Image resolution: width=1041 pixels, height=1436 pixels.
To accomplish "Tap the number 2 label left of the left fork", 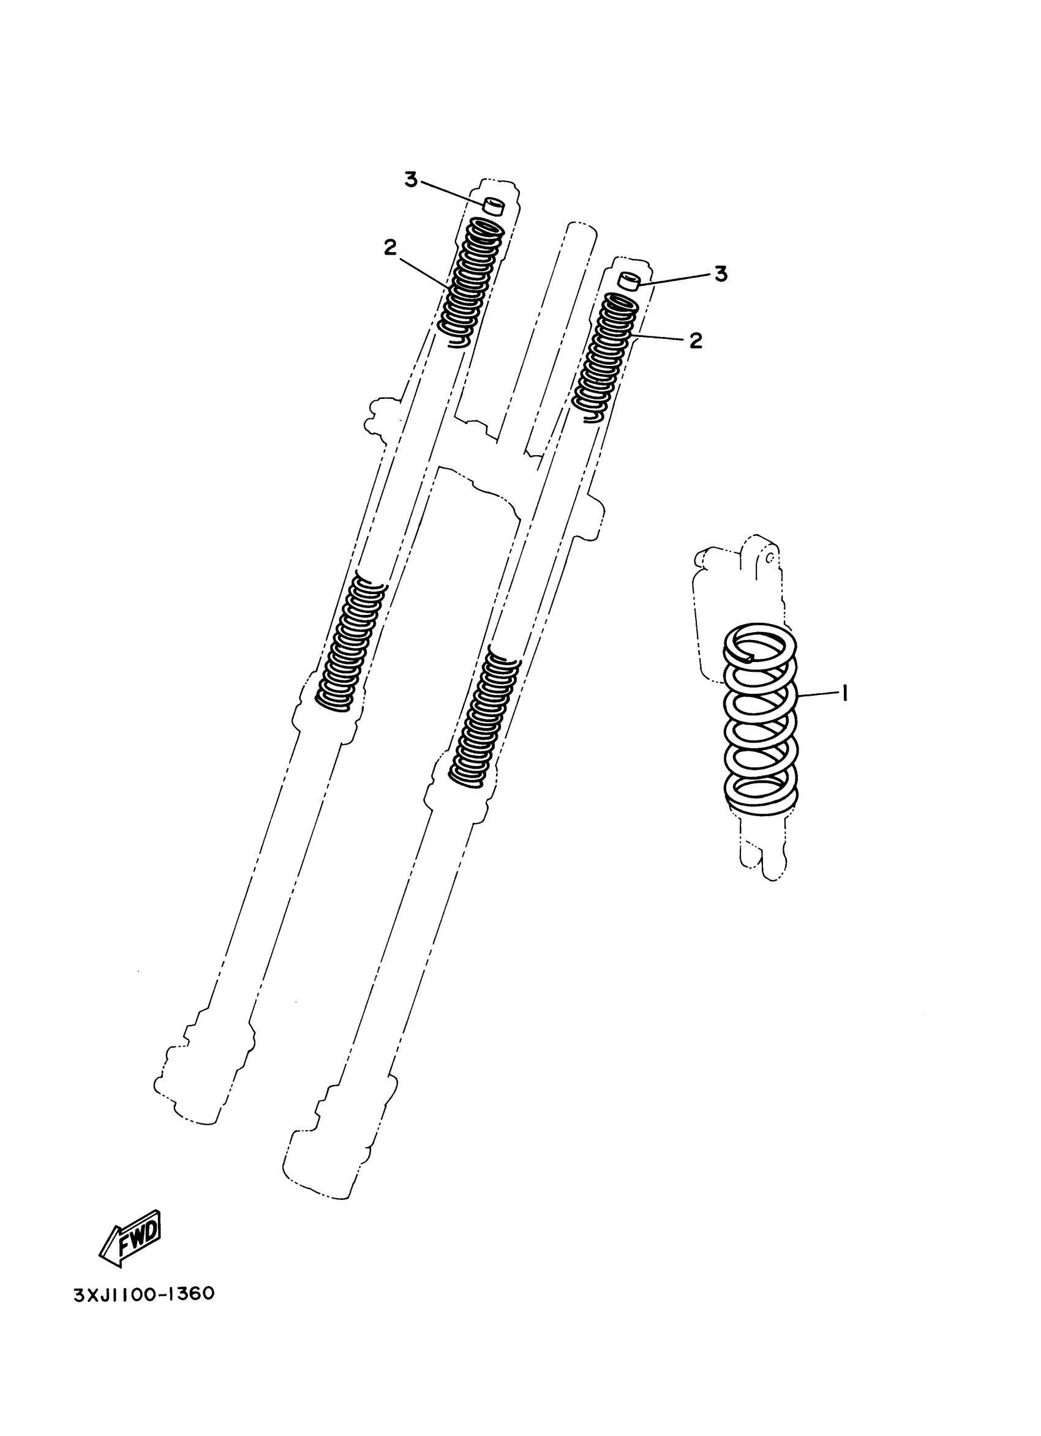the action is tap(389, 248).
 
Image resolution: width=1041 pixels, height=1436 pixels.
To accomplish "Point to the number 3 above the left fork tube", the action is tap(412, 180).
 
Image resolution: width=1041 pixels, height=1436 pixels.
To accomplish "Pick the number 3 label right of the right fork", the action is tap(721, 274).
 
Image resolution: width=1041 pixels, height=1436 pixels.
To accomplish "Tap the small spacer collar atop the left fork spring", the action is tap(494, 206).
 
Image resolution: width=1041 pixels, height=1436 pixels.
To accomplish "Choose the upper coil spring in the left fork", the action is tap(472, 282).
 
